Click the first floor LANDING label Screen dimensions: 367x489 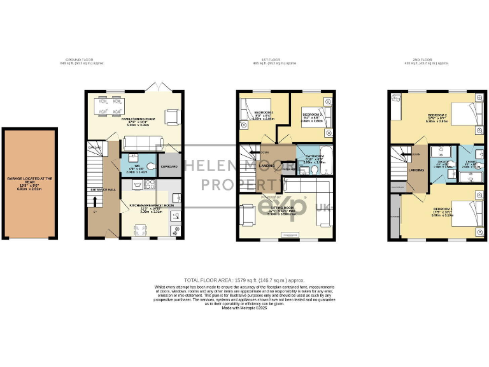(x=267, y=166)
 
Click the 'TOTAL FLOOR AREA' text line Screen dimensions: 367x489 (x=244, y=280)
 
